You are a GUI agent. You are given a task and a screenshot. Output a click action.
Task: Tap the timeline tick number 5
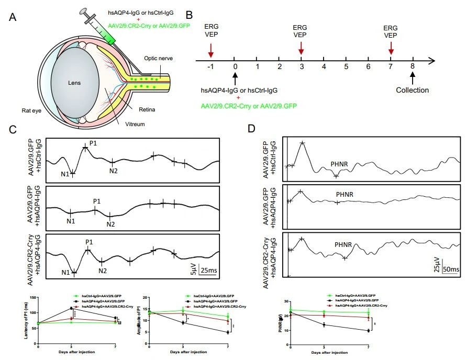(346, 67)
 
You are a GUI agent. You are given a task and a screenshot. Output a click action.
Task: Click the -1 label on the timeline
(210, 67)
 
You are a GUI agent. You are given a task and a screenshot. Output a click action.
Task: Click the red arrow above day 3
(301, 49)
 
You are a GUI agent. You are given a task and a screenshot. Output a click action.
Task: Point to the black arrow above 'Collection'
(413, 77)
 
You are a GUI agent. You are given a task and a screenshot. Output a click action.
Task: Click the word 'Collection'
(413, 90)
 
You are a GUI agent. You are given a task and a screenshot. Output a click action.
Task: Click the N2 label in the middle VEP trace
(110, 224)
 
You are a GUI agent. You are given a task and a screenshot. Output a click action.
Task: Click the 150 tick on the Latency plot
(32, 297)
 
